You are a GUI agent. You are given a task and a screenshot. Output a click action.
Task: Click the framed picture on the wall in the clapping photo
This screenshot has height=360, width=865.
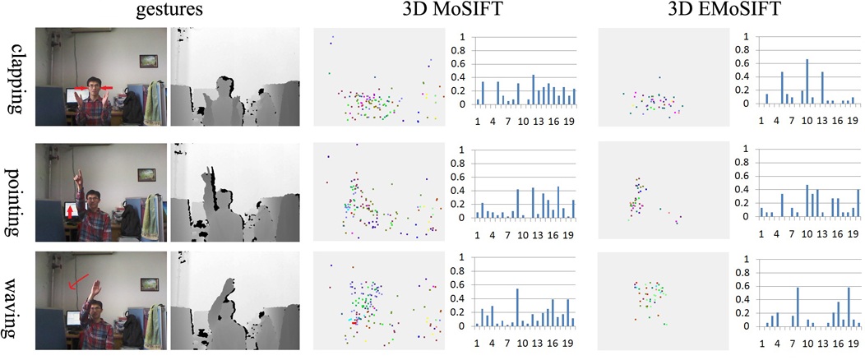(x=149, y=60)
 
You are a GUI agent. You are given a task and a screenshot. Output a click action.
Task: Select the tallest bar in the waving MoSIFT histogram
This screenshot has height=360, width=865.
(x=517, y=307)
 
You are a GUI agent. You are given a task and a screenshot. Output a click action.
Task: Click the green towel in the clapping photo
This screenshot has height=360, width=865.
(x=154, y=103)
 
